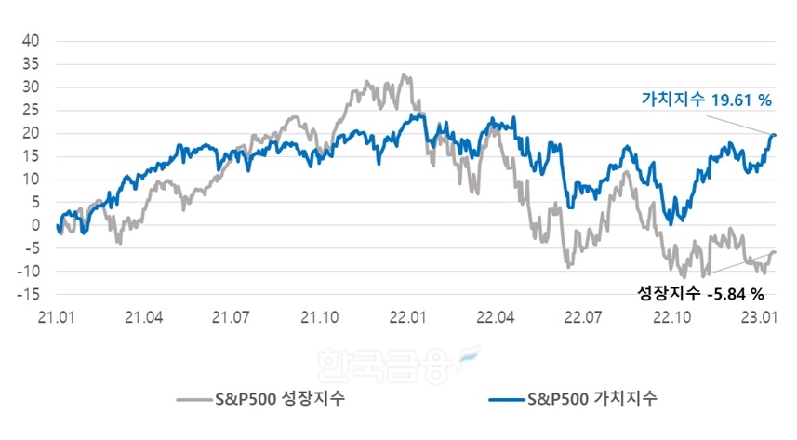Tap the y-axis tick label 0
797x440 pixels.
pos(34,225)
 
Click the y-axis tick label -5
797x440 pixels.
pos(31,248)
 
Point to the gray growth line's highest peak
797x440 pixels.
pos(402,74)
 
